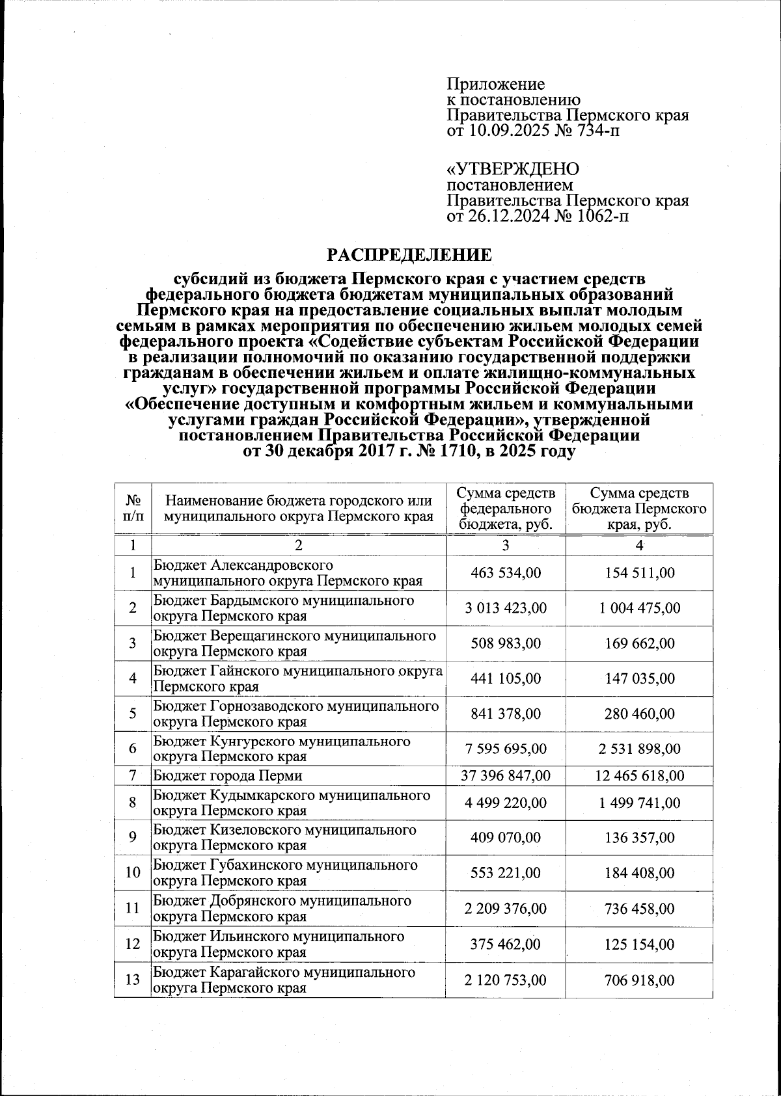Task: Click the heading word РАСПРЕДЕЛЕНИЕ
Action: tap(409, 254)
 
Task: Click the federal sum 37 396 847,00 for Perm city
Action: tap(506, 775)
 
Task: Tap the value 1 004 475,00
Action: tap(639, 608)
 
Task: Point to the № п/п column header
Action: tap(132, 509)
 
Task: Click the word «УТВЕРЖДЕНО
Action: tap(512, 169)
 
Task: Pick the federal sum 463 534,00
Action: tap(506, 573)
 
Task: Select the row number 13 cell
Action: tap(132, 980)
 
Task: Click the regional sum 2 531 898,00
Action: tap(639, 749)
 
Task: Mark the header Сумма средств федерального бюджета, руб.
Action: tap(506, 509)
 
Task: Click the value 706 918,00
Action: tap(639, 980)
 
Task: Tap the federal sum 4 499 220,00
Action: tap(506, 803)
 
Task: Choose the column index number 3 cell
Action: tap(506, 545)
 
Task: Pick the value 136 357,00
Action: tap(639, 838)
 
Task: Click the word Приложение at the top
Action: tap(495, 85)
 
